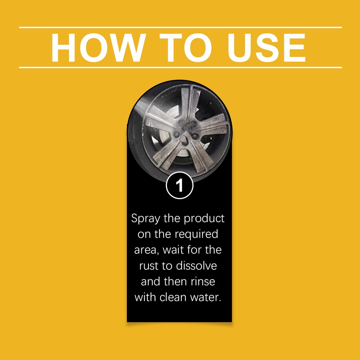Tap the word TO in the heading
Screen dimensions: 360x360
pyautogui.click(x=185, y=47)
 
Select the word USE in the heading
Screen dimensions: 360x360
pyautogui.click(x=266, y=47)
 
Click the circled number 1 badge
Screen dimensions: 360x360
pyautogui.click(x=180, y=185)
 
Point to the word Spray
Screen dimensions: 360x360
pyautogui.click(x=146, y=219)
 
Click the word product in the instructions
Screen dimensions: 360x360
pyautogui.click(x=204, y=219)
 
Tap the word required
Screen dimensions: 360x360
pyautogui.click(x=196, y=234)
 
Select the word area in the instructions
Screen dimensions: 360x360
pyautogui.click(x=146, y=250)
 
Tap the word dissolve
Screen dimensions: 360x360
pyautogui.click(x=196, y=265)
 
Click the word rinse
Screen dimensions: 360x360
pyautogui.click(x=203, y=281)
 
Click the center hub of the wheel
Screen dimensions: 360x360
pyautogui.click(x=186, y=131)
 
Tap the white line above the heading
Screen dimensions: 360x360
pyautogui.click(x=180, y=27)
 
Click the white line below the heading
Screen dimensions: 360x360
pyautogui.click(x=180, y=67)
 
